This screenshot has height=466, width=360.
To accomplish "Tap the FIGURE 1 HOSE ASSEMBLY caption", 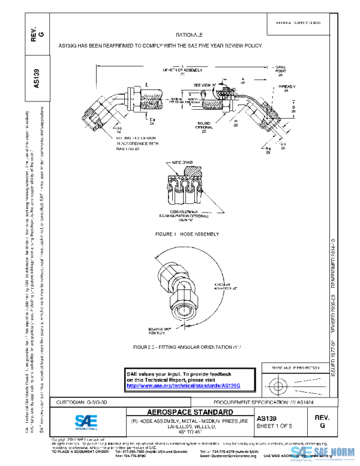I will (187, 234).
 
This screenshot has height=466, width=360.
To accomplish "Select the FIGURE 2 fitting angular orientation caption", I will (181, 348).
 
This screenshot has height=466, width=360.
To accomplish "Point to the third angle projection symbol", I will (288, 384).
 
